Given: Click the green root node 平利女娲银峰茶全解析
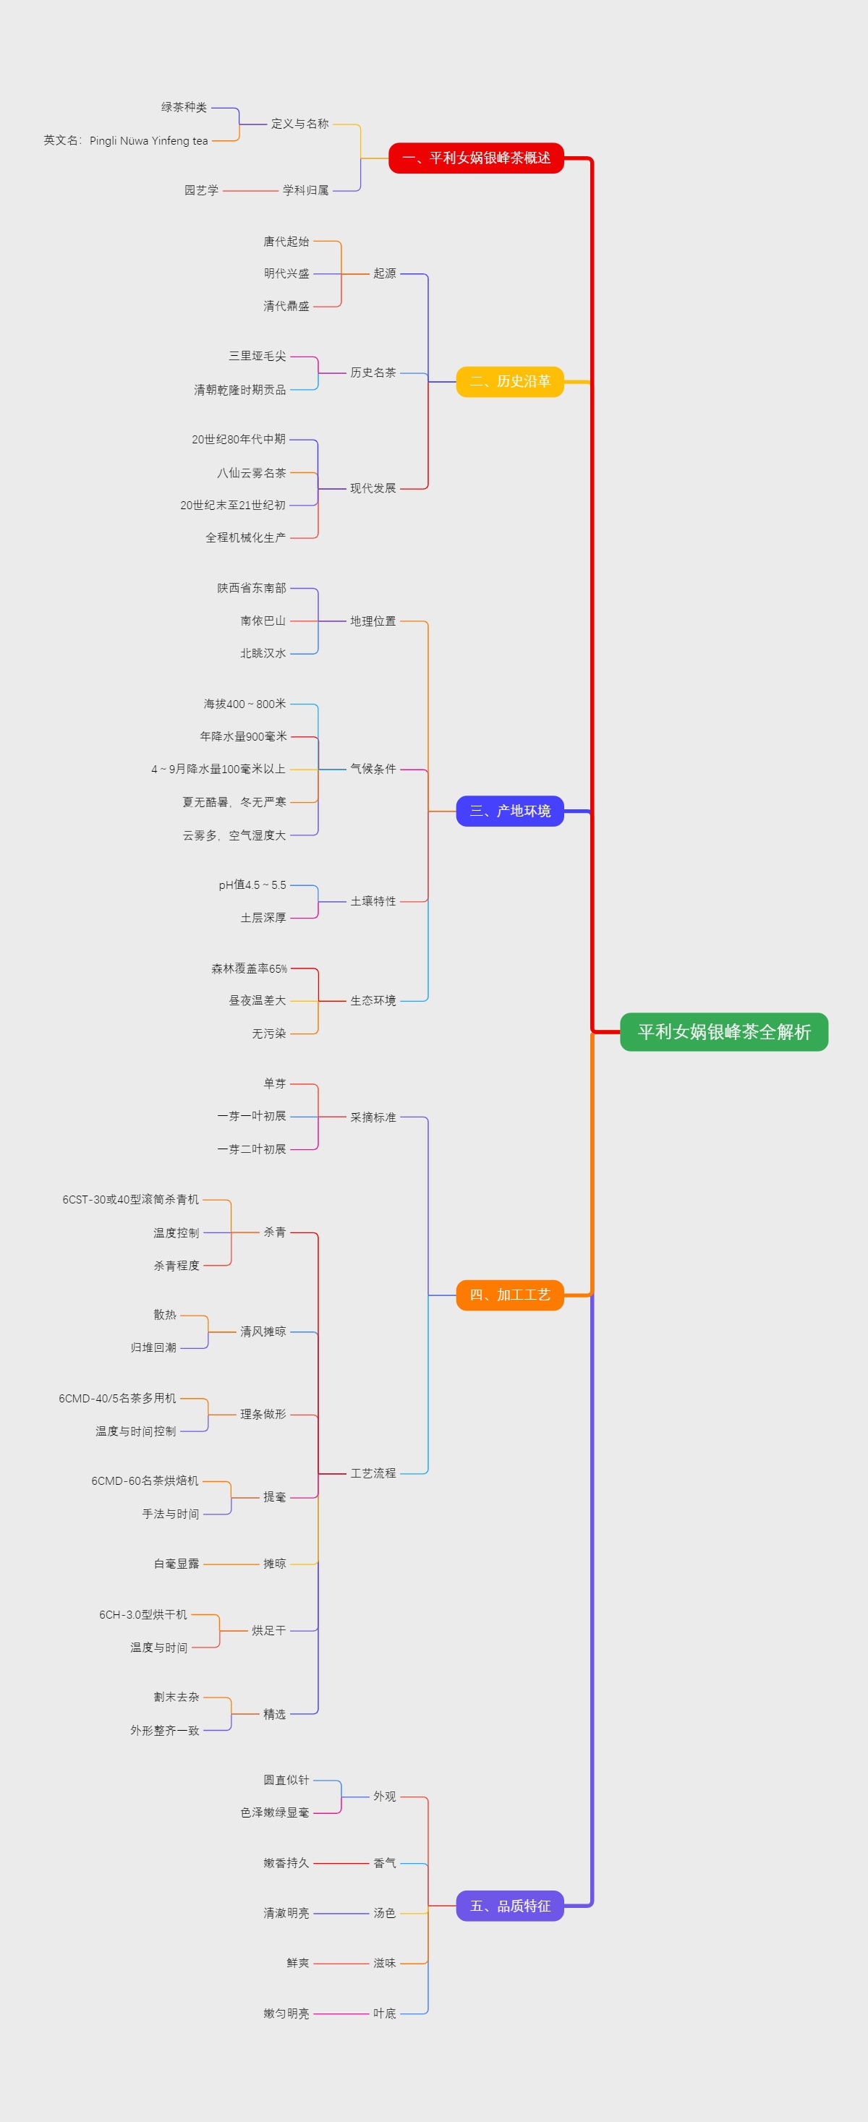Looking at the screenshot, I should click(724, 1031).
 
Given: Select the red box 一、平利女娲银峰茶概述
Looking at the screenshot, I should click(476, 158).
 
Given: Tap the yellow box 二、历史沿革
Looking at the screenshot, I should click(510, 381).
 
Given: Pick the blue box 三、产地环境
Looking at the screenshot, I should click(510, 811).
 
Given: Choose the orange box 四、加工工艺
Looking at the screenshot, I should click(510, 1295).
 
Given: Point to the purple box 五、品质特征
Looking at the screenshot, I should click(510, 1905).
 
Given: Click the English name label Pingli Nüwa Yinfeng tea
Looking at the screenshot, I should click(126, 141).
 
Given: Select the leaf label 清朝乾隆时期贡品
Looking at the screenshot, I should click(239, 390).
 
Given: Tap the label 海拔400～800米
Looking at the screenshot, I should click(244, 704).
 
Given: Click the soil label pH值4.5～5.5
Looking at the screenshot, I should click(252, 885).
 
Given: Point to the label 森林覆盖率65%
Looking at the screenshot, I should click(249, 968).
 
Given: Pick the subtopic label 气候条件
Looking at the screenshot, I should click(373, 769).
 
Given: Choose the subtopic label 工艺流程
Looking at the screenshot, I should click(373, 1473).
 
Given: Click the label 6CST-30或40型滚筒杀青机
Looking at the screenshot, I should click(130, 1199).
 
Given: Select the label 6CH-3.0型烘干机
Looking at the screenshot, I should click(142, 1614).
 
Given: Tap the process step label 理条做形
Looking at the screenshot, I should click(263, 1415).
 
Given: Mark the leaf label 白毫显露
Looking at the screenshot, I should click(176, 1564).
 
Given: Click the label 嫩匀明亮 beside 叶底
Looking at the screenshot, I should click(286, 2014).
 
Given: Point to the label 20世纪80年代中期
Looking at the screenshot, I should click(238, 439).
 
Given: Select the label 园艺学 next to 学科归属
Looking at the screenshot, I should click(201, 190).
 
